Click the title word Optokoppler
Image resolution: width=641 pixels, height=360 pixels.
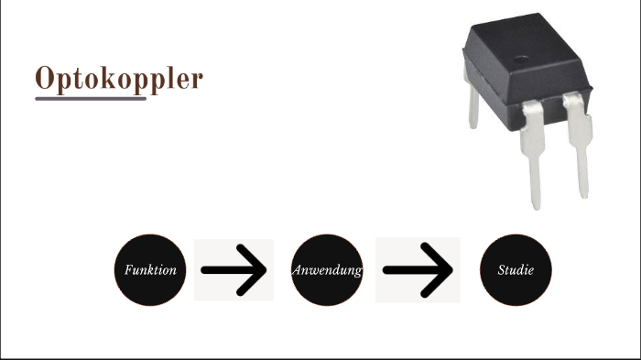pyautogui.click(x=119, y=79)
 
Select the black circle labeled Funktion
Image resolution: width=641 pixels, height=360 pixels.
pyautogui.click(x=150, y=270)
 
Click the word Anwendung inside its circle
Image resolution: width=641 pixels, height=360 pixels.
pyautogui.click(x=328, y=271)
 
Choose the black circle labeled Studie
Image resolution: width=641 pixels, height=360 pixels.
pyautogui.click(x=516, y=270)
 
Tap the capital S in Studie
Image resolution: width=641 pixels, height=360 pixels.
pyautogui.click(x=501, y=270)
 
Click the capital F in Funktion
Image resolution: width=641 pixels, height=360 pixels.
pyautogui.click(x=128, y=270)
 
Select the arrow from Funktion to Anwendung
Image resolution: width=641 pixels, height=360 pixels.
pyautogui.click(x=234, y=270)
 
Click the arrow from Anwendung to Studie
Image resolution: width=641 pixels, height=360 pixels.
pyautogui.click(x=418, y=270)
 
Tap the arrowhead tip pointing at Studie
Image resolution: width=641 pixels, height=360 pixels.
pyautogui.click(x=451, y=270)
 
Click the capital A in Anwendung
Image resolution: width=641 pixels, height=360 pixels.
pyautogui.click(x=299, y=270)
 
